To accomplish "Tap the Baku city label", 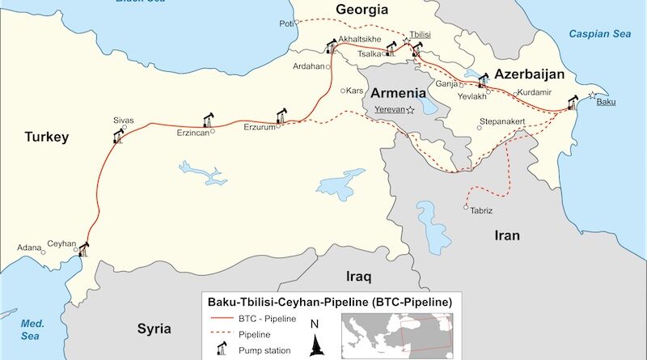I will point(606,103).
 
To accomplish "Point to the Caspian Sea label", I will point(598,34).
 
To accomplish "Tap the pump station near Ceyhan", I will point(82,249).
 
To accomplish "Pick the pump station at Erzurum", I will point(281,114).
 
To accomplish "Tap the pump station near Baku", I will point(573,103).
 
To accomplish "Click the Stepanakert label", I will point(503,121).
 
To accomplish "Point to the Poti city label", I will point(285,23).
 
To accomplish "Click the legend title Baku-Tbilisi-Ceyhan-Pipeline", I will point(331,302).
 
